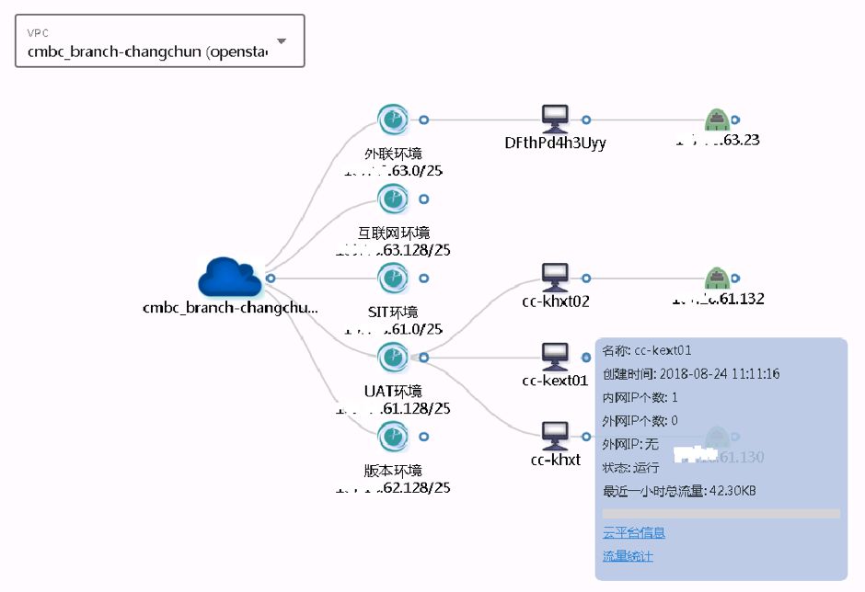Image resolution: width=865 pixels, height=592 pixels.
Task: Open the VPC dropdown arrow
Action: pos(282,41)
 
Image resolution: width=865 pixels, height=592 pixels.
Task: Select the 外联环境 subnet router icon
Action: pos(393,120)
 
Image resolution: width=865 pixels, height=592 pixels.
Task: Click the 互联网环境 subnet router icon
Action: pos(393,199)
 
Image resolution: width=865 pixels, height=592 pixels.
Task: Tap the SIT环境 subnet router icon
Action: pos(393,278)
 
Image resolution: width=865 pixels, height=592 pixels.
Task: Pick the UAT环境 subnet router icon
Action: pos(393,357)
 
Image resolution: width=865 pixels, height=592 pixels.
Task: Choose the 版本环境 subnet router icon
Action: pos(393,436)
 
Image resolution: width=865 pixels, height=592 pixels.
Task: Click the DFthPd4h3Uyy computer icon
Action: pos(555,119)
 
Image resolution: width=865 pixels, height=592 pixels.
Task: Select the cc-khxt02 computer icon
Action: pos(555,277)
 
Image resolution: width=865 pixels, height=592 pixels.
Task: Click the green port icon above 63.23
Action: pos(717,120)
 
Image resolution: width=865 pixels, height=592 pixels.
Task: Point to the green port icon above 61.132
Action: pos(717,277)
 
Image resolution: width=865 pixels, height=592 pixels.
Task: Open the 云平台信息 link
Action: pos(633,533)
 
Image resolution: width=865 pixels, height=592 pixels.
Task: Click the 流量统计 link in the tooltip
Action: pos(627,556)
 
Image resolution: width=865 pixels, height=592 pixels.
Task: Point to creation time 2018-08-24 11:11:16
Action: pos(720,374)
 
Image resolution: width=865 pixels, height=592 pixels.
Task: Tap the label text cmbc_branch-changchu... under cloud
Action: pos(230,309)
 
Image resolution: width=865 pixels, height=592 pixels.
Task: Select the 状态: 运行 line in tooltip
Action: pos(630,468)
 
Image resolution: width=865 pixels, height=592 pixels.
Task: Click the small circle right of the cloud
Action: pos(271,278)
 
